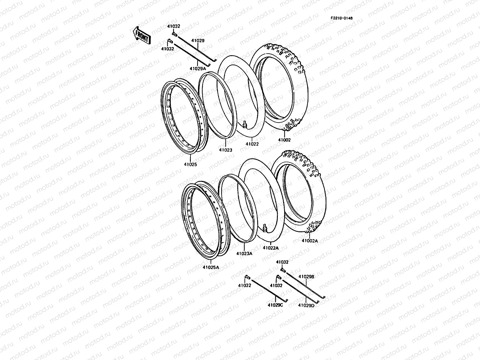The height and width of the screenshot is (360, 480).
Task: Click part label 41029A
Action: click(x=198, y=69)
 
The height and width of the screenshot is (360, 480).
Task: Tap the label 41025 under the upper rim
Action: click(x=190, y=164)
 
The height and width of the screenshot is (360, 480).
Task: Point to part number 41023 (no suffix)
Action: click(x=225, y=150)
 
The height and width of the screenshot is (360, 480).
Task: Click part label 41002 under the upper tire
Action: click(x=284, y=140)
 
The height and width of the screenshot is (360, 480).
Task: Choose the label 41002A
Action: click(x=310, y=241)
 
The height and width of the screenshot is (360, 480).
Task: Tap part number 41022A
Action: click(x=271, y=248)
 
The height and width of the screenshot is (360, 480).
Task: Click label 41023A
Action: click(x=244, y=253)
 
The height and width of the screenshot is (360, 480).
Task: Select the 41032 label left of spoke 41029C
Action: click(x=244, y=286)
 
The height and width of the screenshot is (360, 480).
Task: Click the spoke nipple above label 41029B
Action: click(x=282, y=270)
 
